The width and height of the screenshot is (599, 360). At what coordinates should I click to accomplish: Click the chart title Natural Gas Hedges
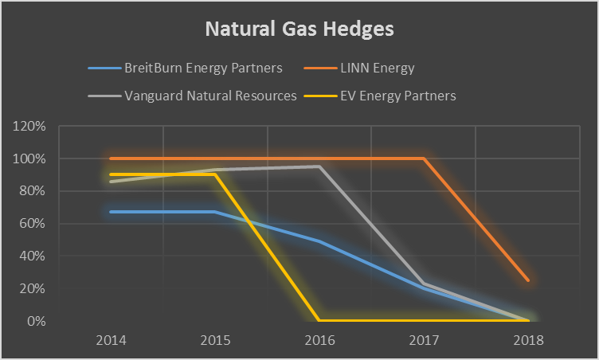tap(299, 29)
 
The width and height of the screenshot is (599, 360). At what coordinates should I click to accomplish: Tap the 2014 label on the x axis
tap(111, 340)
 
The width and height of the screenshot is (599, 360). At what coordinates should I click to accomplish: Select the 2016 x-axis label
tap(319, 340)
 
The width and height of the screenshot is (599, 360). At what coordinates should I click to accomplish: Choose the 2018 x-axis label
tap(528, 340)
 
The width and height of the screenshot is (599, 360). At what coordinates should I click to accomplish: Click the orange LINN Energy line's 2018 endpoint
tap(527, 280)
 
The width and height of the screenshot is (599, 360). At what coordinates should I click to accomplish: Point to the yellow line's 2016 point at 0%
tap(319, 321)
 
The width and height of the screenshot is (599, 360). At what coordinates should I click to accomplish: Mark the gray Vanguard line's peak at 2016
tap(319, 166)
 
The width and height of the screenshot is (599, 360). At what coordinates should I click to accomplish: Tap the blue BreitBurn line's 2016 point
tap(319, 241)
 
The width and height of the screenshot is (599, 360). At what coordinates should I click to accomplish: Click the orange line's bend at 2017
tap(424, 158)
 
